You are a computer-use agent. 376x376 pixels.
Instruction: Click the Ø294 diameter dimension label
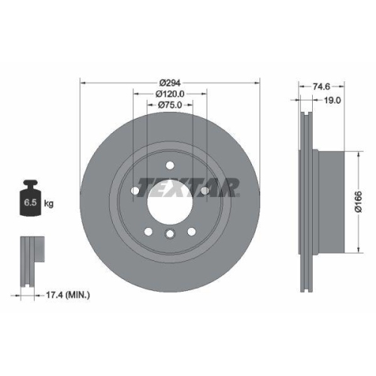(170, 83)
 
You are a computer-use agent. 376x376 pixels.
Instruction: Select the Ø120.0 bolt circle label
(170, 94)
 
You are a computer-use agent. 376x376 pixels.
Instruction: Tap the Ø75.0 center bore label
(170, 106)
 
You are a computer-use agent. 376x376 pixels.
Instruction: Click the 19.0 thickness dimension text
(332, 99)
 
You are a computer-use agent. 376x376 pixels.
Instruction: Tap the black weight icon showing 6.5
(31, 199)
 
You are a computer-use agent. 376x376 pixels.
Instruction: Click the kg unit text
(50, 204)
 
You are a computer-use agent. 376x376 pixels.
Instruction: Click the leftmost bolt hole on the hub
(135, 191)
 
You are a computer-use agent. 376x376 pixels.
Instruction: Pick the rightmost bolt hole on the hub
(205, 191)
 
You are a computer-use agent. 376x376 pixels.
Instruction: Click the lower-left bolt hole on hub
(148, 232)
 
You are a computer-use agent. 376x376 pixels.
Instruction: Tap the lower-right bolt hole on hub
(192, 232)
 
